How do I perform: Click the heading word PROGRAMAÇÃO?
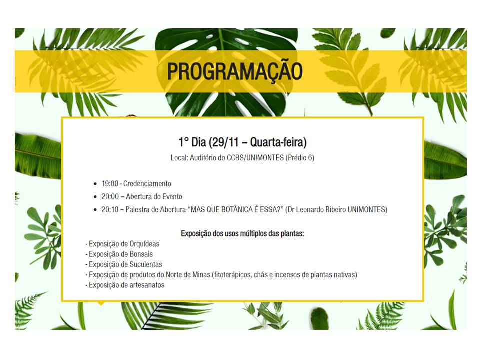pyautogui.click(x=235, y=71)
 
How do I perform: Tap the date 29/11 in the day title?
pyautogui.click(x=225, y=142)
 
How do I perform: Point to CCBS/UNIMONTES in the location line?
pyautogui.click(x=255, y=158)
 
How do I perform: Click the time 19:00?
pyautogui.click(x=110, y=183)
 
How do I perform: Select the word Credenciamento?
pyautogui.click(x=147, y=183)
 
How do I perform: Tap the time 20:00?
pyautogui.click(x=110, y=196)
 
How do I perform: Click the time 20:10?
pyautogui.click(x=110, y=209)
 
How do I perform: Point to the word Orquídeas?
pyautogui.click(x=144, y=244)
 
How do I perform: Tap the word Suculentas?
pyautogui.click(x=146, y=264)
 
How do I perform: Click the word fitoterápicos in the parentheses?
pyautogui.click(x=233, y=275)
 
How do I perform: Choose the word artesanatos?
pyautogui.click(x=147, y=285)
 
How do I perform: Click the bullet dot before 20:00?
pyautogui.click(x=95, y=197)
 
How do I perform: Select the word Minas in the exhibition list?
pyautogui.click(x=201, y=275)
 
